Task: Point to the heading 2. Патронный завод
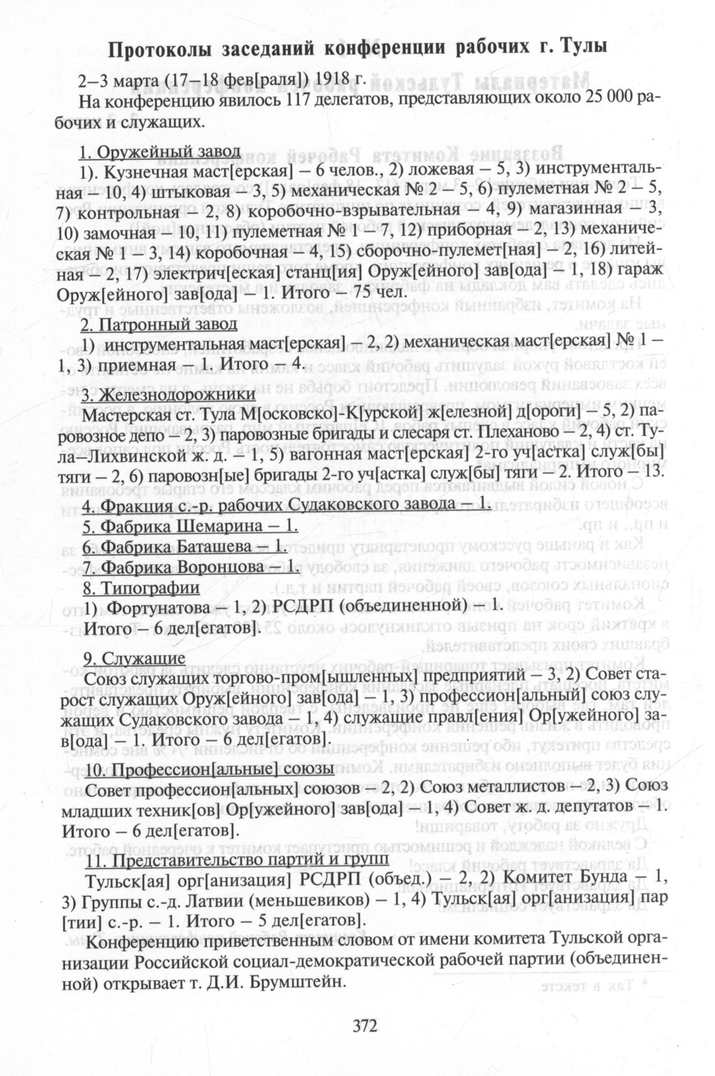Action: pyautogui.click(x=159, y=325)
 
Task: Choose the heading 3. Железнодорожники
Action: pyautogui.click(x=168, y=395)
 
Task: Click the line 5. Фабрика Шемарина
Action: pyautogui.click(x=190, y=525)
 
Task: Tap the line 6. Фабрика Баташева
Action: pyautogui.click(x=185, y=546)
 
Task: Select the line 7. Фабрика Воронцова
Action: pyautogui.click(x=192, y=568)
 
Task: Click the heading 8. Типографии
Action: pyautogui.click(x=142, y=588)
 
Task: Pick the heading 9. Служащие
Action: pyautogui.click(x=134, y=658)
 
